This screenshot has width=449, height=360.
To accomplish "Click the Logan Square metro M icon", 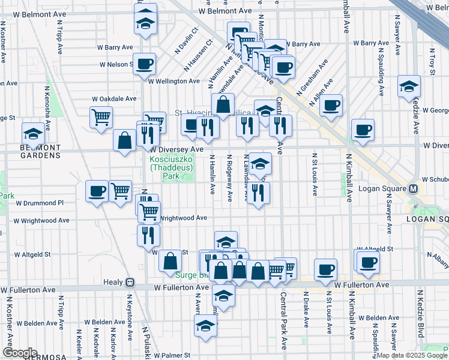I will pyautogui.click(x=413, y=188).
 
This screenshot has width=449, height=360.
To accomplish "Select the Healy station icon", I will pyautogui.click(x=129, y=282).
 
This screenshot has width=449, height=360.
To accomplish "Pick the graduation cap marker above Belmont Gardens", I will pyautogui.click(x=33, y=133).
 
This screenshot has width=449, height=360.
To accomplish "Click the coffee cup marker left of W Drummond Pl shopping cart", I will pyautogui.click(x=97, y=191).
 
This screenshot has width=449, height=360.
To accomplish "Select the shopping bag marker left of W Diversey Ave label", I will pyautogui.click(x=124, y=141).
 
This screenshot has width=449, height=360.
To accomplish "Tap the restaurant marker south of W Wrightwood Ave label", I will pyautogui.click(x=148, y=235).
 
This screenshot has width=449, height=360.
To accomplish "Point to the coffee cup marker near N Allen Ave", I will pyautogui.click(x=330, y=106).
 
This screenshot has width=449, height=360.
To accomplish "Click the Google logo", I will pyautogui.click(x=19, y=353).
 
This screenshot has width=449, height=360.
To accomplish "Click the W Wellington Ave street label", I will pyautogui.click(x=174, y=81).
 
